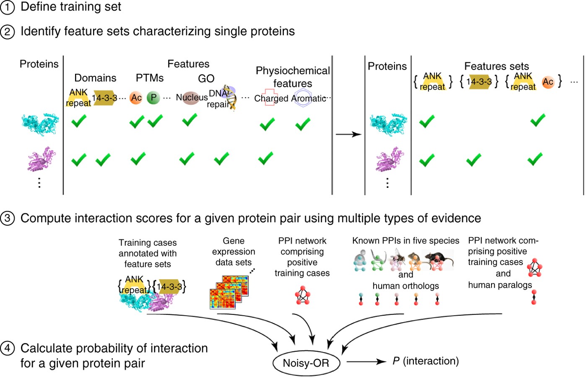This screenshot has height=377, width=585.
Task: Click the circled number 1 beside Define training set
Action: [x=7, y=7]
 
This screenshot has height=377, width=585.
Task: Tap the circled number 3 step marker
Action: [x=7, y=218]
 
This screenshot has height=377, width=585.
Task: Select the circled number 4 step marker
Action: [x=7, y=348]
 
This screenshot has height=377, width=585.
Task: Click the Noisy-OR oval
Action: [x=306, y=363]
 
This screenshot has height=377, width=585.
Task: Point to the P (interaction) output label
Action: [x=425, y=361]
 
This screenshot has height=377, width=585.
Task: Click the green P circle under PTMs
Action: [x=153, y=98]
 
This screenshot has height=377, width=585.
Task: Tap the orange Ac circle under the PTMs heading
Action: [x=136, y=98]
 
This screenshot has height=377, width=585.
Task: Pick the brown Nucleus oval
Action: [x=191, y=98]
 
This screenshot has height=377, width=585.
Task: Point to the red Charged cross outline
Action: [x=269, y=98]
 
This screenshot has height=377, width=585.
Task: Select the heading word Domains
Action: [x=95, y=78]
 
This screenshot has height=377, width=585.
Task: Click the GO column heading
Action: [x=206, y=78]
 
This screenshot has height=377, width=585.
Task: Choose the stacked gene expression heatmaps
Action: [x=229, y=292]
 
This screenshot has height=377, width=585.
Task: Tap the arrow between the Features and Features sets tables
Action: [x=348, y=134]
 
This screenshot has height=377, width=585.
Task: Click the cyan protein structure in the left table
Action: [x=40, y=124]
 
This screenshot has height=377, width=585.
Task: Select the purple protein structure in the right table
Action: [x=390, y=159]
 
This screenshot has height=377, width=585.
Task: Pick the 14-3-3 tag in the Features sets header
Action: [x=479, y=82]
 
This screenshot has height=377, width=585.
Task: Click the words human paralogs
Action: [x=500, y=285]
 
